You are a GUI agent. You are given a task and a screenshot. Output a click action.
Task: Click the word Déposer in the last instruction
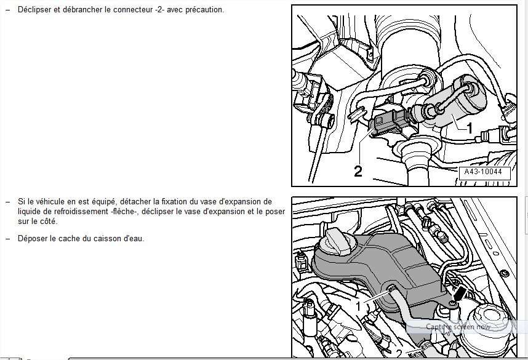(x=32, y=239)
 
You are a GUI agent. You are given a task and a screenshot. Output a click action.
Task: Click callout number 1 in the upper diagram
(x=469, y=129)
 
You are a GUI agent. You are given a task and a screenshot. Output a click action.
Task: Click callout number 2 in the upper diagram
(x=358, y=170)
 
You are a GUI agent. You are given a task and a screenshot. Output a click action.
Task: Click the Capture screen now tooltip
(x=458, y=327)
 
